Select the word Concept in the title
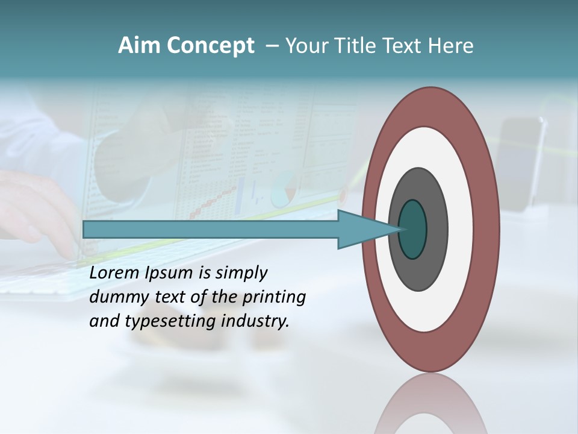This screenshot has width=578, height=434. click(x=210, y=46)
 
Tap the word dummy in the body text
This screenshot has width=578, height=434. click(x=115, y=297)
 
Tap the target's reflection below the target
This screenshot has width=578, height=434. click(x=430, y=404)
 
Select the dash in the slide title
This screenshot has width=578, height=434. click(x=272, y=46)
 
